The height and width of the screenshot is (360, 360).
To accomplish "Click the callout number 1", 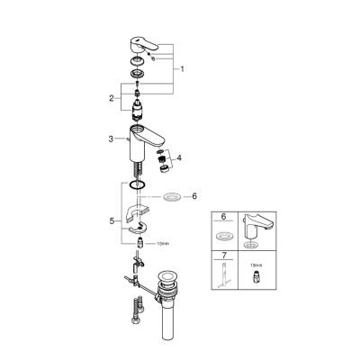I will tap(183, 68).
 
